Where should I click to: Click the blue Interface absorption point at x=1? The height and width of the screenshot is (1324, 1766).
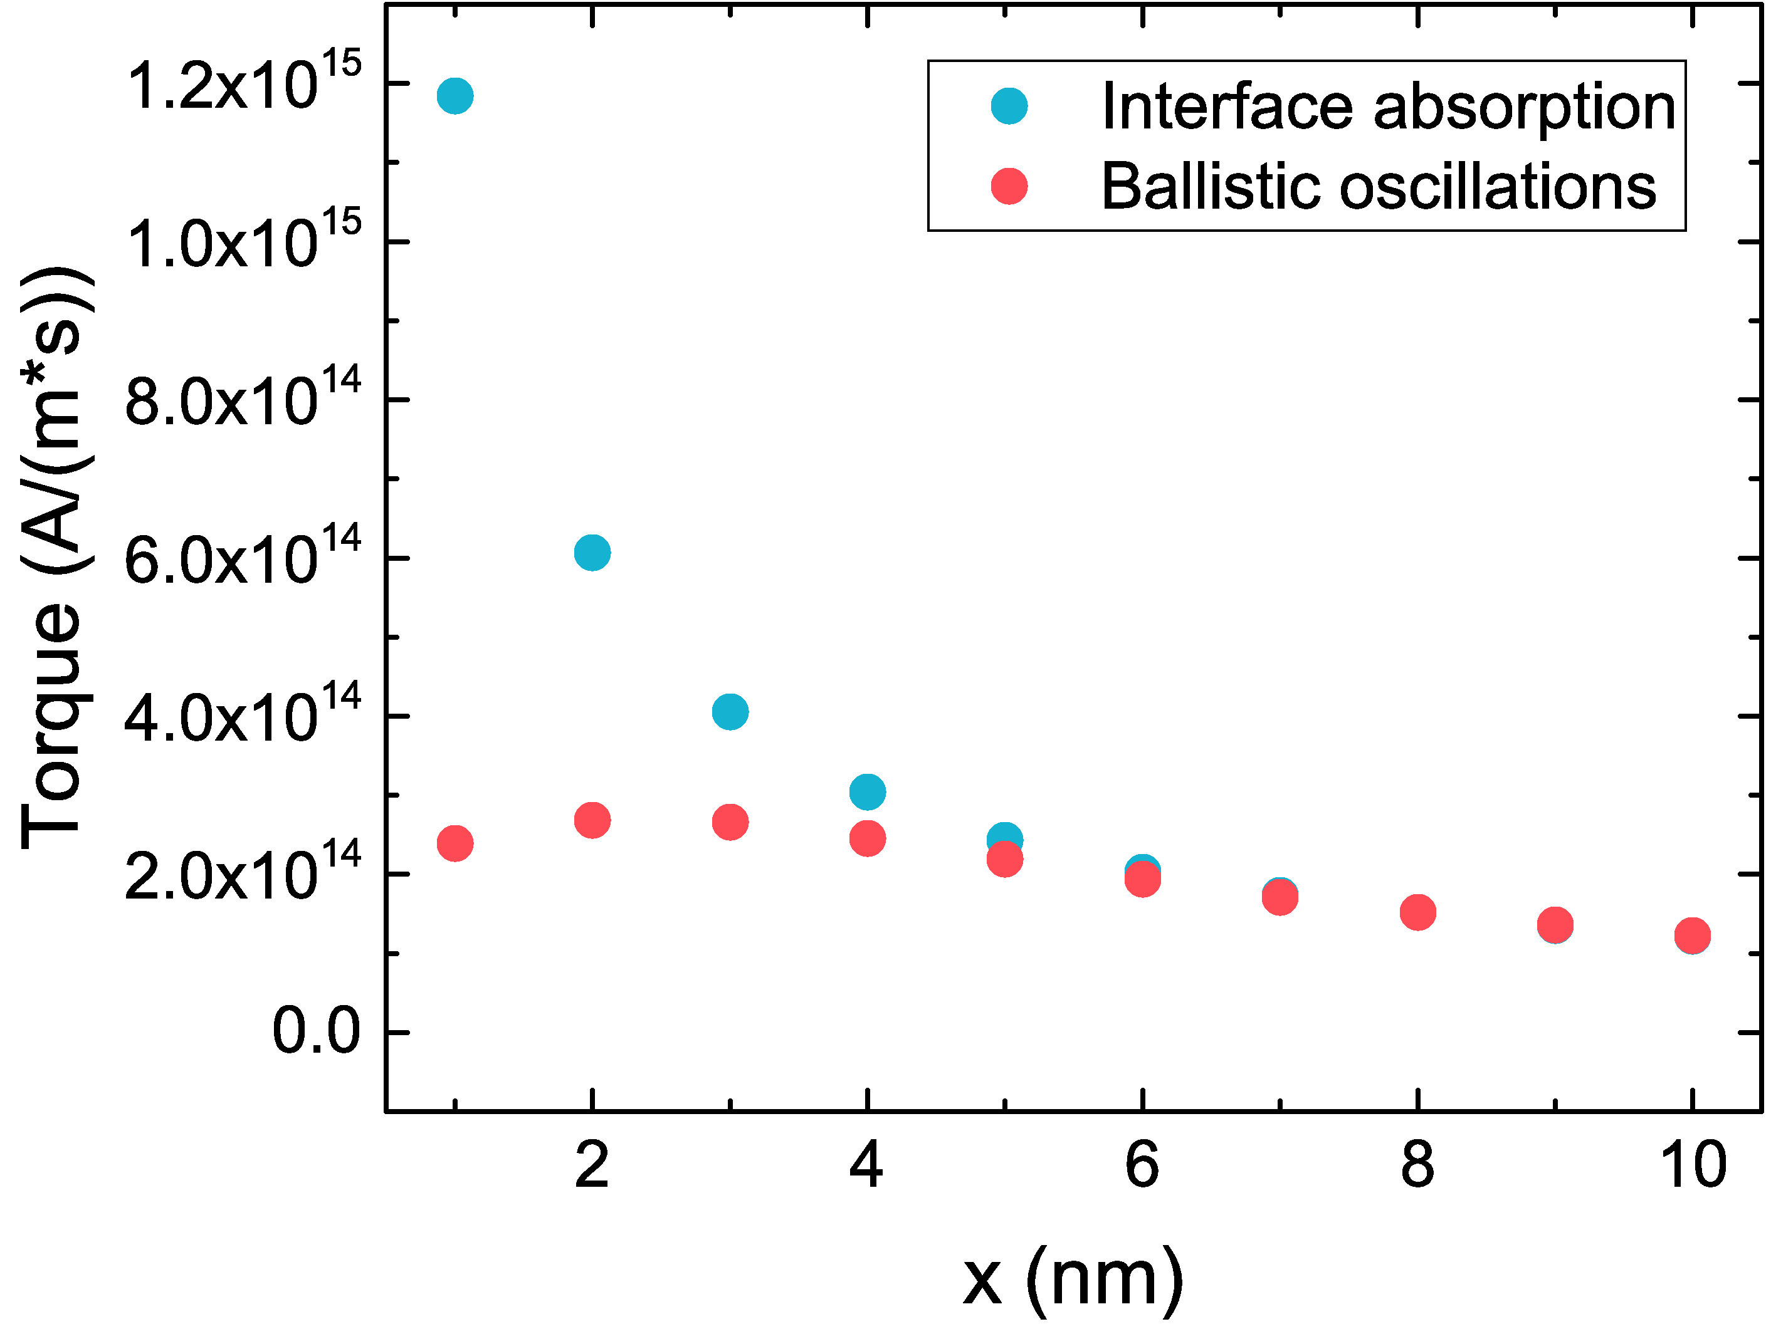point(455,96)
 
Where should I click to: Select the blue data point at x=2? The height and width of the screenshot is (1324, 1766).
point(592,552)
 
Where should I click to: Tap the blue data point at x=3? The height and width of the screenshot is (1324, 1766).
point(730,711)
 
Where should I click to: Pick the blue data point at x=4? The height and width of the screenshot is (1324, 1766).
point(867,791)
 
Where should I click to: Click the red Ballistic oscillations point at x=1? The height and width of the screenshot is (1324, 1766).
point(455,843)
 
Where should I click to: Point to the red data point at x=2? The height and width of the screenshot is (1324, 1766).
point(592,820)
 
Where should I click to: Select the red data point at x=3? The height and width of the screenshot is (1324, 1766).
point(730,822)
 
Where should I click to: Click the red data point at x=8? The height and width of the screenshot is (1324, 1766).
point(1418,912)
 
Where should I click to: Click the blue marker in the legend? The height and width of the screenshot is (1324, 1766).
point(1009,106)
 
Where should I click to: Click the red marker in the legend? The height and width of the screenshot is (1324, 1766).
point(1009,187)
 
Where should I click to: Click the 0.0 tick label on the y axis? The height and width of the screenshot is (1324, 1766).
point(316,1033)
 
